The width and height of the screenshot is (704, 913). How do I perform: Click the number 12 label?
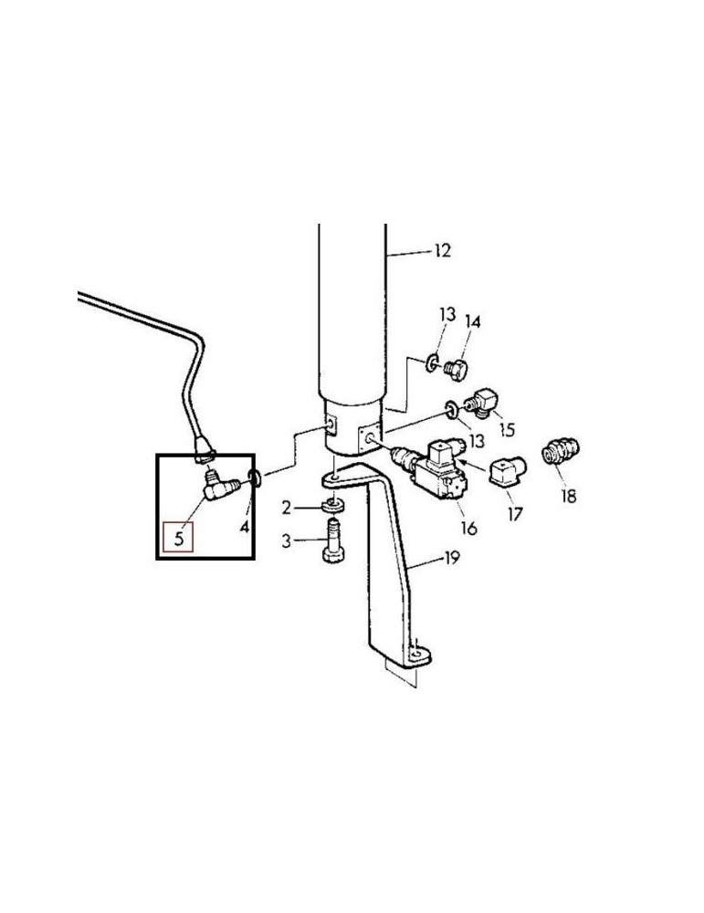443,251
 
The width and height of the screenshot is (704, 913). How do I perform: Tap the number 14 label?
473,321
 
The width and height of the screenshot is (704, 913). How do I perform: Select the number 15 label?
507,429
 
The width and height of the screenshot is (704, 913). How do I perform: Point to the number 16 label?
468,528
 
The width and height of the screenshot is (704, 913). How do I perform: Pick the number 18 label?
568,496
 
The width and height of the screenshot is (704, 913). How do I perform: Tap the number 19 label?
452,558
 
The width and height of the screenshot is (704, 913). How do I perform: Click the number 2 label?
286,509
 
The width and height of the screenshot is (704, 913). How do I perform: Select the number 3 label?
286,541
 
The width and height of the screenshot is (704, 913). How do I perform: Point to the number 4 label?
245,527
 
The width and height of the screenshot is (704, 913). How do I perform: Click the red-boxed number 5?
179,538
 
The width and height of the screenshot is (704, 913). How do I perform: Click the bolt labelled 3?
332,542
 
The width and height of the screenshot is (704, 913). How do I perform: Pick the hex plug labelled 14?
457,369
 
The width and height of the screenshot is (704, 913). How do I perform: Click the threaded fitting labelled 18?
560,453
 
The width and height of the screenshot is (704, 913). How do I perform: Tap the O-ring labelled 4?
255,477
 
